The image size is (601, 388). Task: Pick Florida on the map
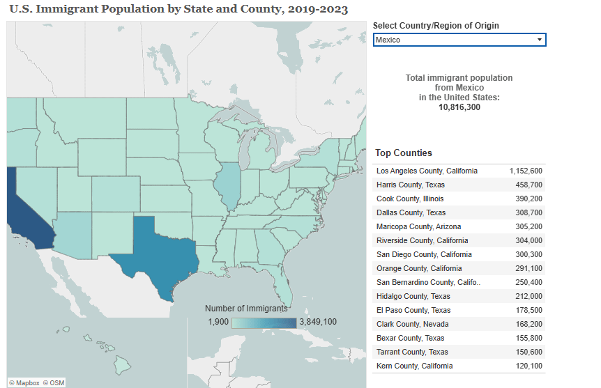(282, 286)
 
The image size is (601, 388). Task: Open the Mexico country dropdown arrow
(539, 40)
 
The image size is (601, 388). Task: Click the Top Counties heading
(404, 153)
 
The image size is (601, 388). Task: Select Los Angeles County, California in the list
(427, 171)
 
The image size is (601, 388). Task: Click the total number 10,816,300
(459, 107)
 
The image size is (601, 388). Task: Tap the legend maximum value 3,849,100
(318, 322)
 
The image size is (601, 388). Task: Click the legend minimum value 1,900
(218, 322)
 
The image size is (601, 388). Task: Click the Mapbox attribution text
(27, 382)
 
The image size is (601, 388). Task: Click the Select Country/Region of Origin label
(436, 26)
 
